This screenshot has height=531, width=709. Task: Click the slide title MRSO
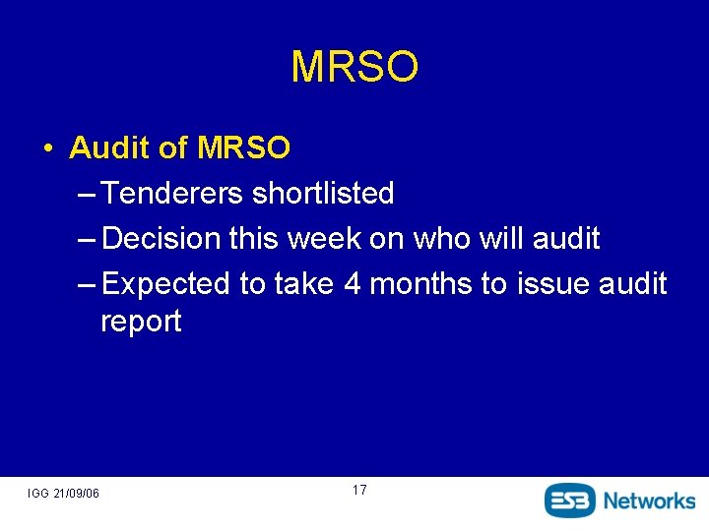click(354, 67)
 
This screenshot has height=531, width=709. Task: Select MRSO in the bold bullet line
click(244, 148)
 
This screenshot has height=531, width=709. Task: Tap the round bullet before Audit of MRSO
click(47, 149)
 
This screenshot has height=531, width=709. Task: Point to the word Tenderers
click(172, 194)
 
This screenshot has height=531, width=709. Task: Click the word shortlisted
click(323, 194)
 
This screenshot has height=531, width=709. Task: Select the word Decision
click(161, 239)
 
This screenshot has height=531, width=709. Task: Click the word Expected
click(165, 284)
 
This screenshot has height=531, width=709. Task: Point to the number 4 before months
click(353, 284)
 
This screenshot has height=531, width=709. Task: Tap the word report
click(141, 323)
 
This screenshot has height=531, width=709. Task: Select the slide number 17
click(358, 490)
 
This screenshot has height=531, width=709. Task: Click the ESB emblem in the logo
click(570, 500)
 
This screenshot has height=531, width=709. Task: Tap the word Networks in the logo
click(649, 500)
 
